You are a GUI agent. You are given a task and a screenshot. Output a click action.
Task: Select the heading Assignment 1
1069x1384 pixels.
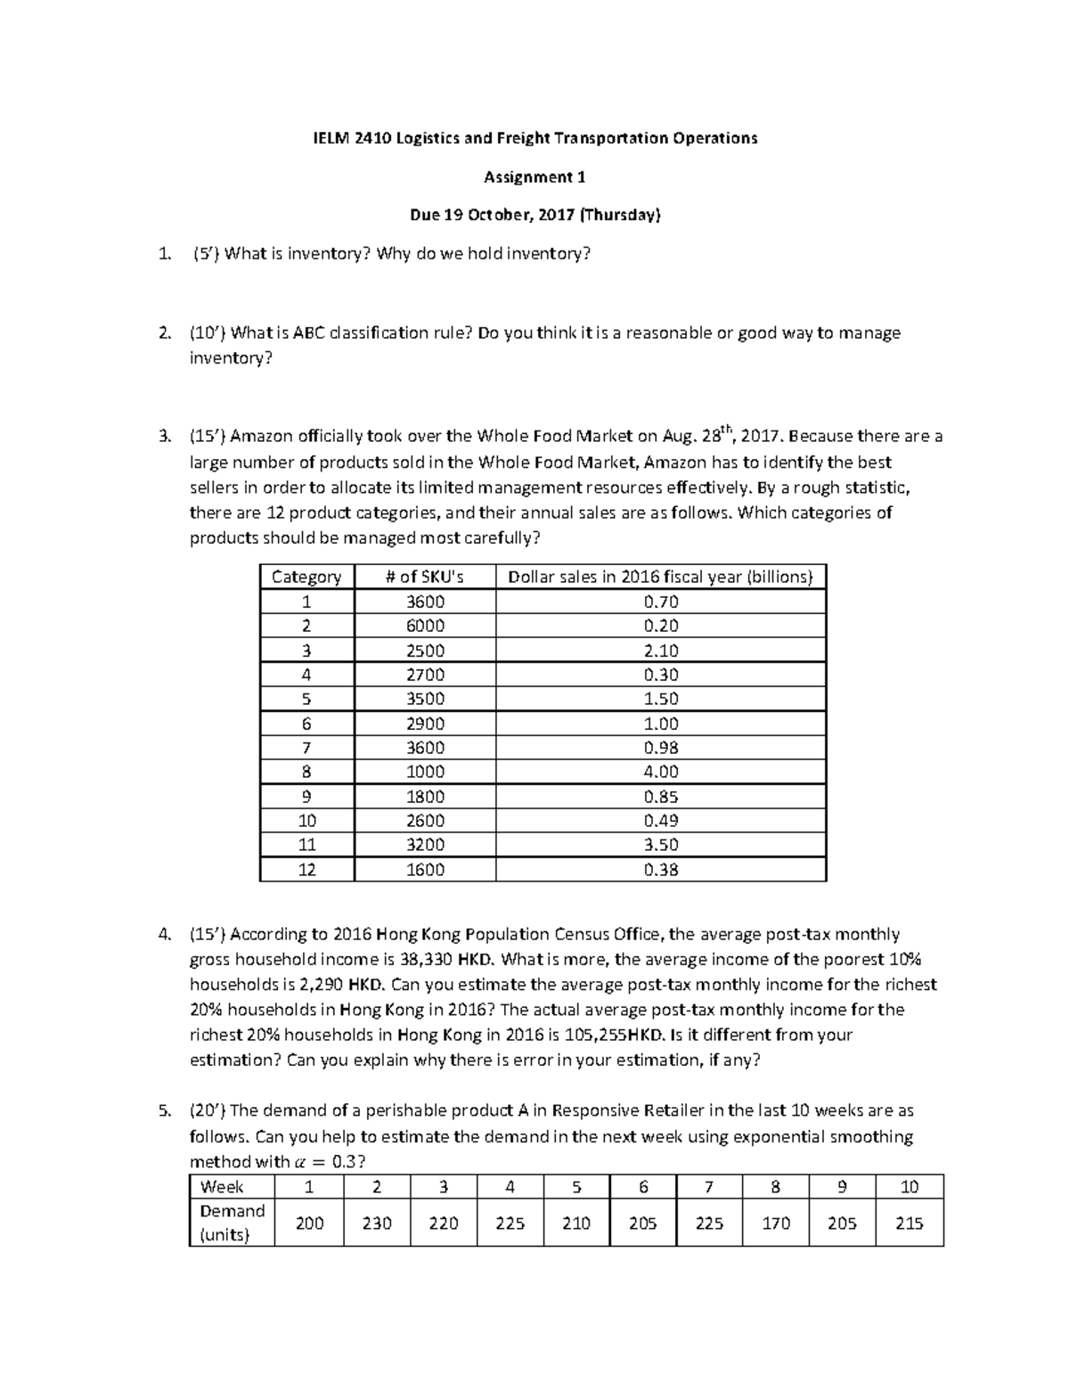click(x=534, y=176)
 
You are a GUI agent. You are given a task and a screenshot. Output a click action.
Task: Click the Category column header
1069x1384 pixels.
click(x=306, y=577)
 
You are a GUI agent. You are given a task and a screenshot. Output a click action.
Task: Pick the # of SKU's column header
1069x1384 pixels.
click(x=425, y=577)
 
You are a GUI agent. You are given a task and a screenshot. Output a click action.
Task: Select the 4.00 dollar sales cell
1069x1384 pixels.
click(x=661, y=772)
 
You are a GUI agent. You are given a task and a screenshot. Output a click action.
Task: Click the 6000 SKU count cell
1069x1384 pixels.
click(x=425, y=626)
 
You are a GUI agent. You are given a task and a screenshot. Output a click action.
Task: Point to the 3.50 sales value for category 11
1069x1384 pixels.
click(x=661, y=845)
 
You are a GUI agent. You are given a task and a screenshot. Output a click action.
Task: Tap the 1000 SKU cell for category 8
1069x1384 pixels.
click(x=425, y=772)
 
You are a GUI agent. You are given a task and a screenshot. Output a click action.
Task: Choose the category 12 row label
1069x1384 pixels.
click(x=306, y=870)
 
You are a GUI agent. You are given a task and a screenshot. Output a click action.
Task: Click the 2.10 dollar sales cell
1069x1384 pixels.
click(x=661, y=651)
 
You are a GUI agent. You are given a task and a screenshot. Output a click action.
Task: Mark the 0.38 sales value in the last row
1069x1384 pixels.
click(x=661, y=870)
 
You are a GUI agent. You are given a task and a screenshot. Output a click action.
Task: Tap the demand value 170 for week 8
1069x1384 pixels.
click(x=776, y=1224)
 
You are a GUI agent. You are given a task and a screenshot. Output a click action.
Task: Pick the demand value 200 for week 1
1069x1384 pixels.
click(x=309, y=1224)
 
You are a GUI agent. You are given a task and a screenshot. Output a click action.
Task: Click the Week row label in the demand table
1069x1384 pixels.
click(x=222, y=1187)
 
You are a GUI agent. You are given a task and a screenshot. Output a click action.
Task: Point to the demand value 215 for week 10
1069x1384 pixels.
click(x=909, y=1224)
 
